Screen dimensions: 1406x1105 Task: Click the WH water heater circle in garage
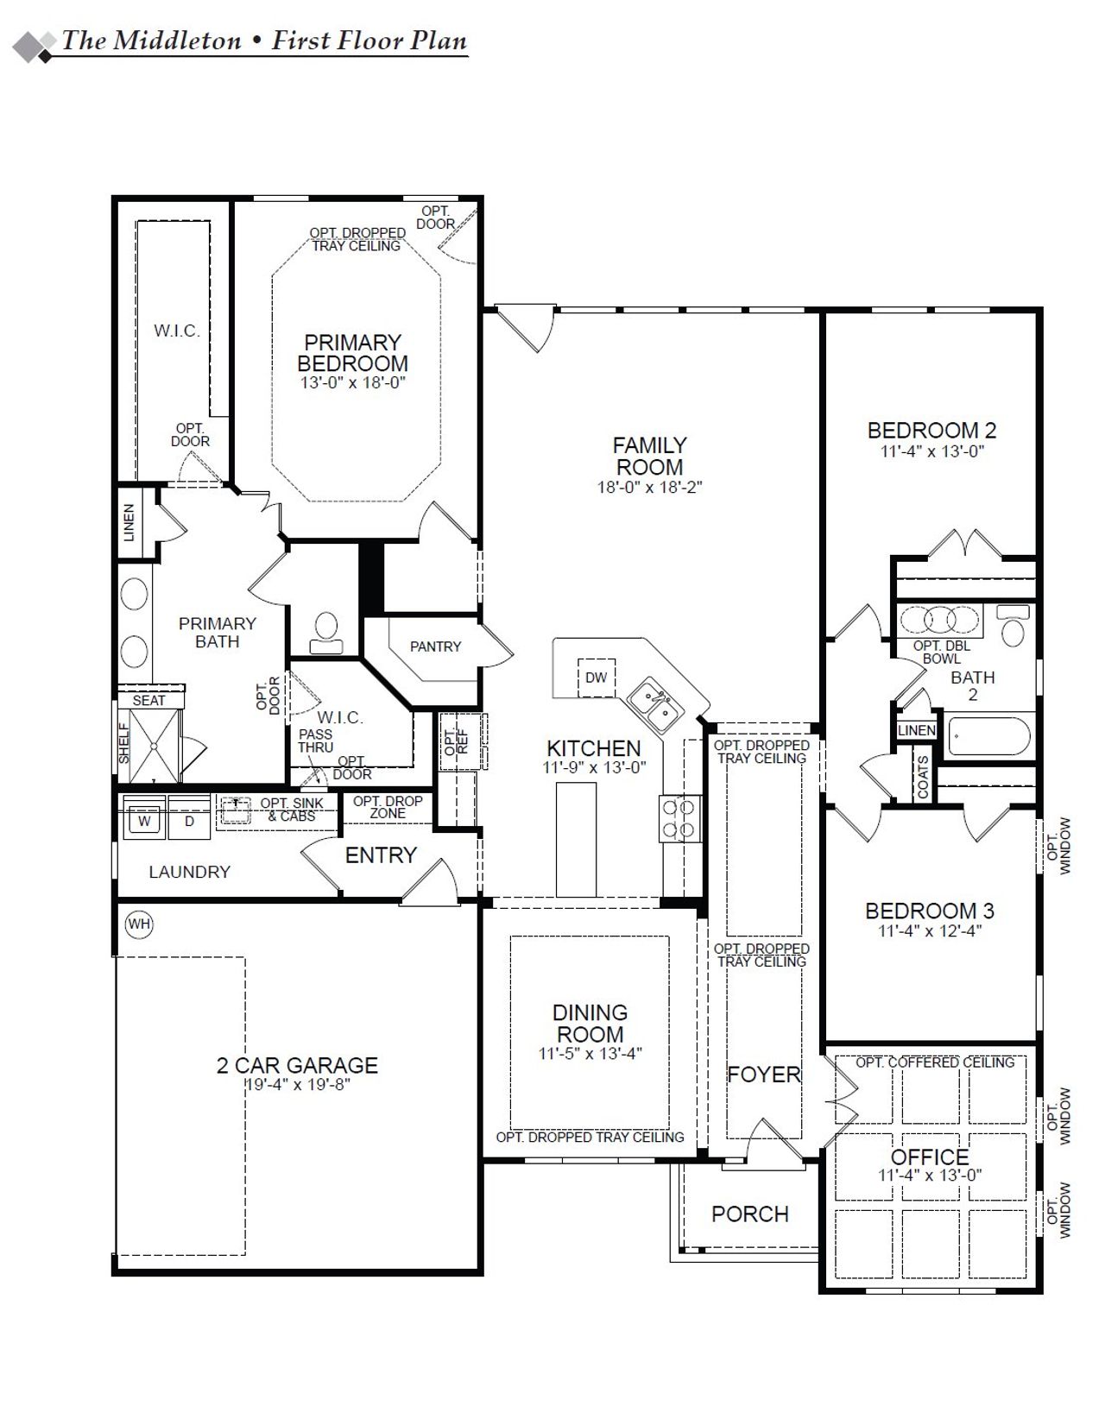pos(139,924)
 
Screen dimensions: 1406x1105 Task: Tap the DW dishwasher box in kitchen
pos(596,678)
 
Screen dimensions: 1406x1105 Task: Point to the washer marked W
pos(145,821)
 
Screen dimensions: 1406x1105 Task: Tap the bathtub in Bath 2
pos(988,736)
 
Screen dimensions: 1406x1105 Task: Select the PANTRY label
pos(435,646)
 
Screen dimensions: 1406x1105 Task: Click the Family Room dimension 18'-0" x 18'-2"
pos(649,488)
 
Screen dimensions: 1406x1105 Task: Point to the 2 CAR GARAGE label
pos(297,1066)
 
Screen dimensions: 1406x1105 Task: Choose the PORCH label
pos(749,1214)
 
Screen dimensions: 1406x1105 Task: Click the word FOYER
pos(763,1075)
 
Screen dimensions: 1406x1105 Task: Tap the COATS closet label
pos(924,777)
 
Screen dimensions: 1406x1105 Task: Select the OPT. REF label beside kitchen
pos(456,741)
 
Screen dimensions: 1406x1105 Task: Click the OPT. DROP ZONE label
pos(388,807)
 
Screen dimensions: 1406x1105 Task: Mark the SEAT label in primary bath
pos(148,701)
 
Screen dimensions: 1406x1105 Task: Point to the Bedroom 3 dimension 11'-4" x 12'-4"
pos(930,931)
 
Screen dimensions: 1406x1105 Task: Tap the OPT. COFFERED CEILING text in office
pos(935,1062)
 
